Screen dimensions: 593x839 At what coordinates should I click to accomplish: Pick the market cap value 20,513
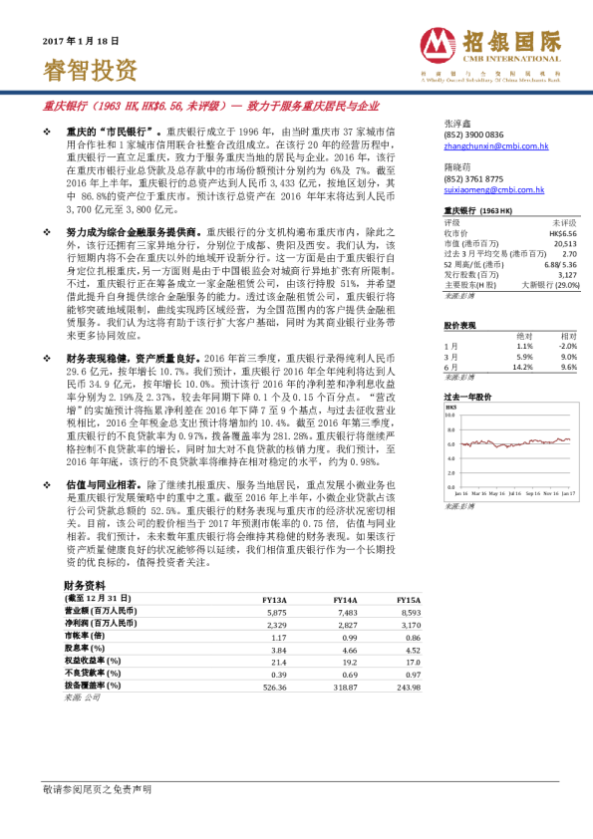pos(565,243)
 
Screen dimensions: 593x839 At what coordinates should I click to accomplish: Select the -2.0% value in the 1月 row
pos(567,346)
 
